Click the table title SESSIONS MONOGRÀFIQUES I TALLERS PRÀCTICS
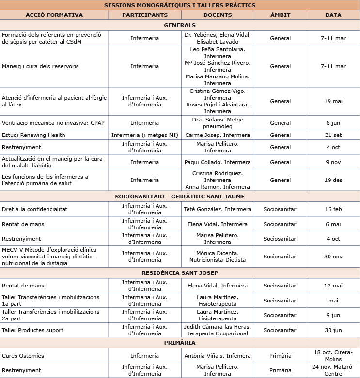(180, 5)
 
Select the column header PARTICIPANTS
(145, 15)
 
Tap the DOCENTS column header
(218, 15)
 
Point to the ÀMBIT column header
(280, 15)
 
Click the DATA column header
(333, 15)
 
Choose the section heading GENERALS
(180, 25)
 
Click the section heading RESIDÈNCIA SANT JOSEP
(180, 273)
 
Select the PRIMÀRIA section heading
(180, 343)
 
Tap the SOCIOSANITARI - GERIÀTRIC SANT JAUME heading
(180, 196)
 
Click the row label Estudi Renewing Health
(33, 135)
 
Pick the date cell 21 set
(333, 135)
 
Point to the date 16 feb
(333, 209)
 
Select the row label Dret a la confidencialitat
(34, 209)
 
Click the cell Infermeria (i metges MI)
(145, 135)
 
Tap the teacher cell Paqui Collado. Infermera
(218, 162)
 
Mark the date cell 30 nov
(333, 257)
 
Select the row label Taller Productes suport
(32, 330)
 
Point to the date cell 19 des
(333, 180)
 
